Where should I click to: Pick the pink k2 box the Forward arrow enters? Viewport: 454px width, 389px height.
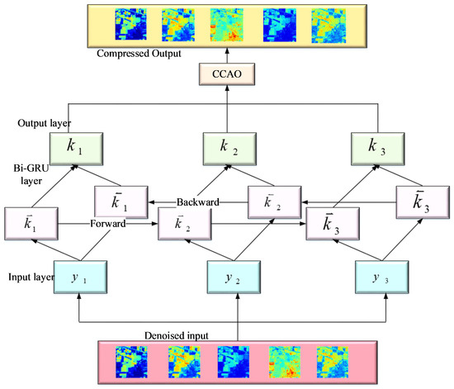coord(181,225)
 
